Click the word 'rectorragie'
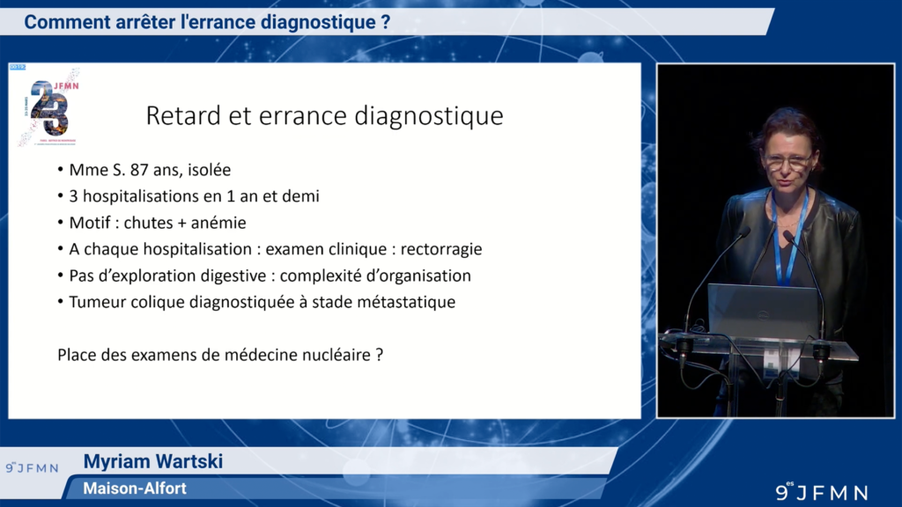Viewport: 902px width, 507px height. pos(441,249)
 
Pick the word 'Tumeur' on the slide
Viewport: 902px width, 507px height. pos(97,302)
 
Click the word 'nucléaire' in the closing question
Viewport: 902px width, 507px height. pos(334,356)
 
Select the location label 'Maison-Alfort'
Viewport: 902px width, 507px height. pos(135,488)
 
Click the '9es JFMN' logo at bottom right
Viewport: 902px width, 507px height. pos(821,492)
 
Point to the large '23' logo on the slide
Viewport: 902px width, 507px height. pos(48,107)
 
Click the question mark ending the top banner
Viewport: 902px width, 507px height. pos(386,22)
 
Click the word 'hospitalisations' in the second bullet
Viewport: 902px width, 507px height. pos(139,196)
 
